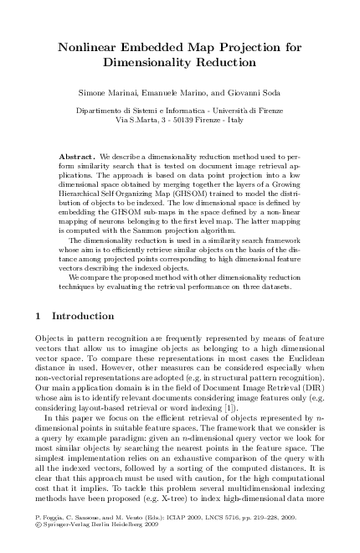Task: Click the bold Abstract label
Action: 78,158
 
